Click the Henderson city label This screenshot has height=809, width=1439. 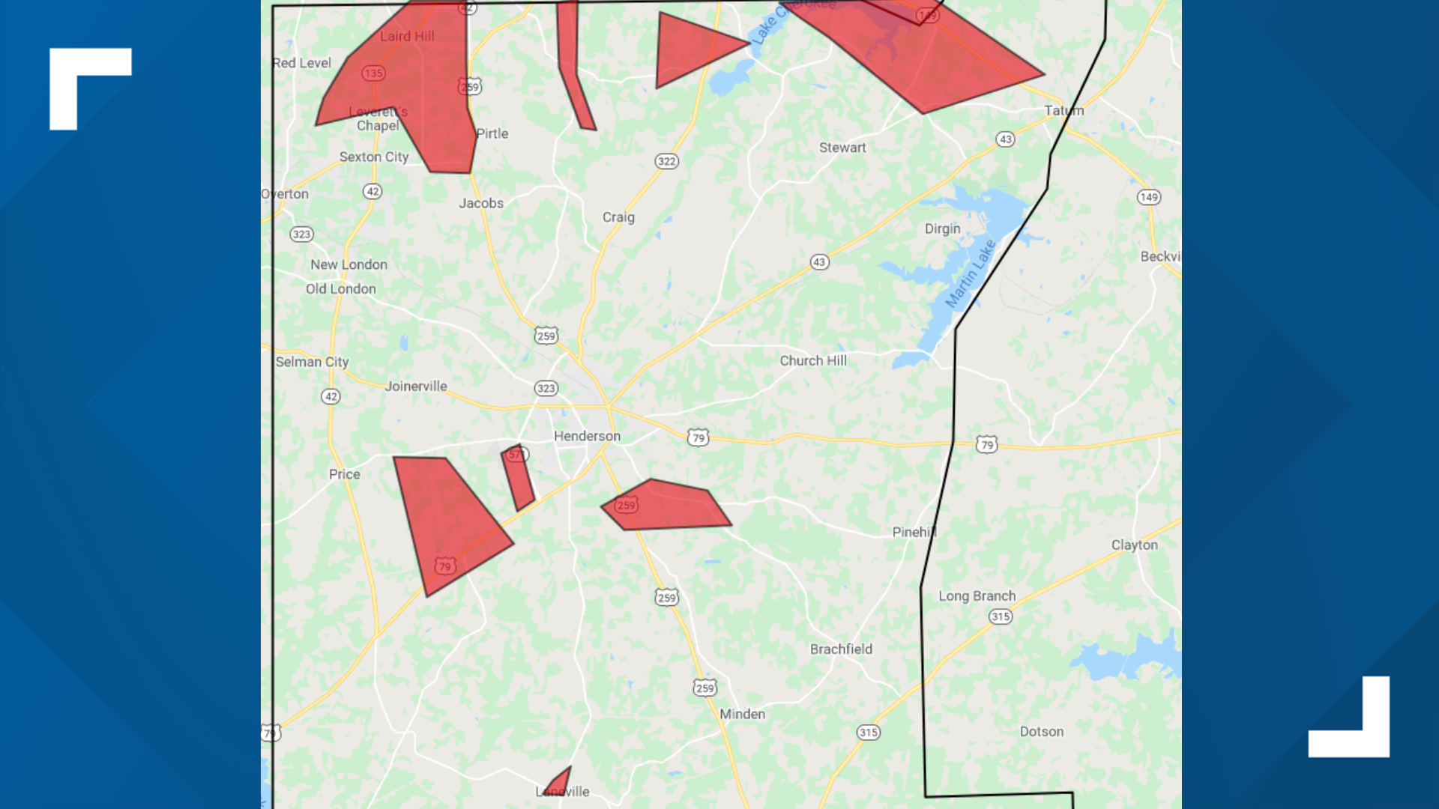tap(587, 436)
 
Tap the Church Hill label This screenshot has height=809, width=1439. tap(813, 360)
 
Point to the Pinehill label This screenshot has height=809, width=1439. tap(914, 532)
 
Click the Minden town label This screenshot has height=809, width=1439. tap(742, 714)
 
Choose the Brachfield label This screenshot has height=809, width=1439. tap(841, 649)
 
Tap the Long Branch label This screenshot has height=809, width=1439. tap(977, 596)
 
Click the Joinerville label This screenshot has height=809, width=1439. tap(416, 386)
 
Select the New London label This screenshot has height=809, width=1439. tap(349, 264)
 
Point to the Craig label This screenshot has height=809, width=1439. tap(618, 217)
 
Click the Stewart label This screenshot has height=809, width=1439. tap(842, 148)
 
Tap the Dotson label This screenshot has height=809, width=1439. tap(1041, 731)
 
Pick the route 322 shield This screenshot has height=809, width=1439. tap(666, 161)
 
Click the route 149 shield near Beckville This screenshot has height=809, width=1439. tap(1148, 197)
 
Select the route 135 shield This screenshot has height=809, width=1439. tap(373, 73)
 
